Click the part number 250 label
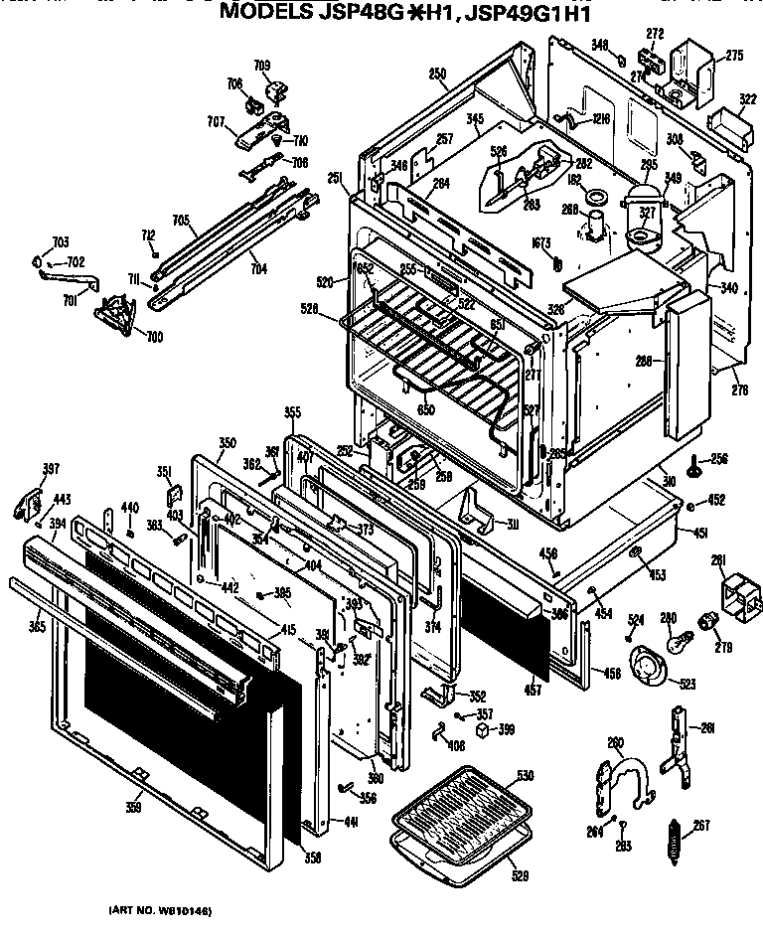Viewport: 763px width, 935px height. coord(437,73)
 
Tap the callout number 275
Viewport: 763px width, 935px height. coord(733,56)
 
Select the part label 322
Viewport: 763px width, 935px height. coord(746,99)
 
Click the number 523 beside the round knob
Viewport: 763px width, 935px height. coord(686,683)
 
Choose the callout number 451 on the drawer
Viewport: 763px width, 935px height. coord(700,535)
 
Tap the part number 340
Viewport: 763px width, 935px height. coord(729,289)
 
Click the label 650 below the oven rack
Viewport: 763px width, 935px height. coord(426,409)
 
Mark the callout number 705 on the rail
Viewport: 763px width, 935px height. coord(181,221)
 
